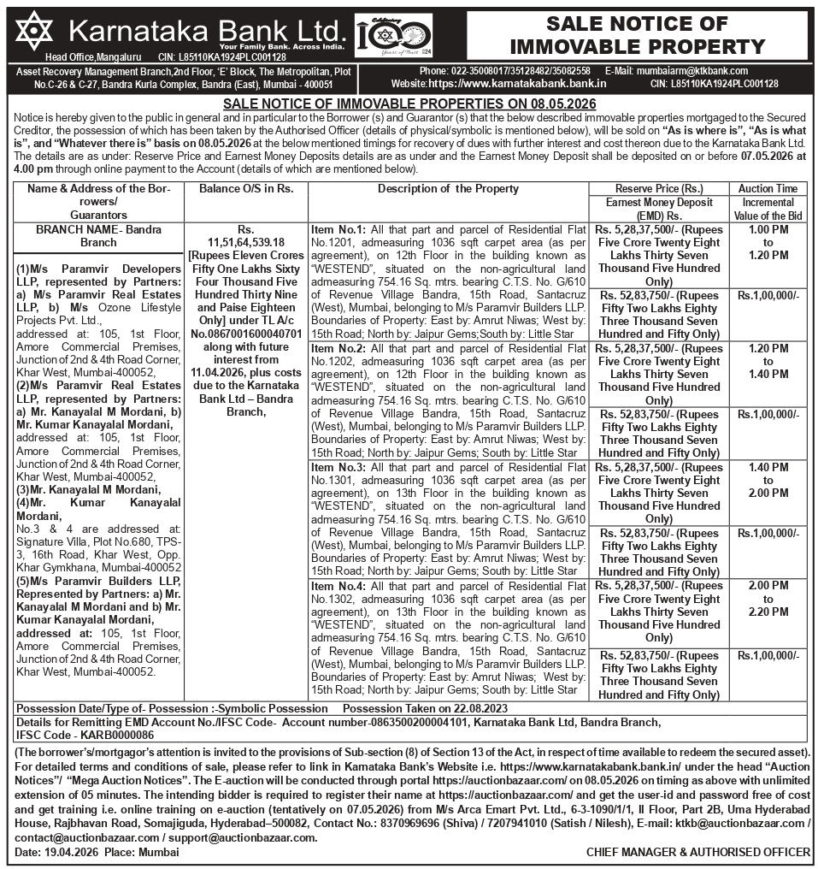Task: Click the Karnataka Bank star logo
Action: (32, 31)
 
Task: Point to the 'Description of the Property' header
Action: (448, 189)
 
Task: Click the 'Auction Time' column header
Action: (768, 189)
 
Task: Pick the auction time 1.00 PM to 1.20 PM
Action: (768, 242)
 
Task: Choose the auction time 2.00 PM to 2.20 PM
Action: (768, 599)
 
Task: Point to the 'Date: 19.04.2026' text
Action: (50, 853)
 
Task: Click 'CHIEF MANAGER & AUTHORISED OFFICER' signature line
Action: (697, 853)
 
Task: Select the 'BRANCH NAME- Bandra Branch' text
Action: (98, 236)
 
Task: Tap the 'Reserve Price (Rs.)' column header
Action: (659, 189)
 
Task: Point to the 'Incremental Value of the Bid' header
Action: (768, 210)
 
